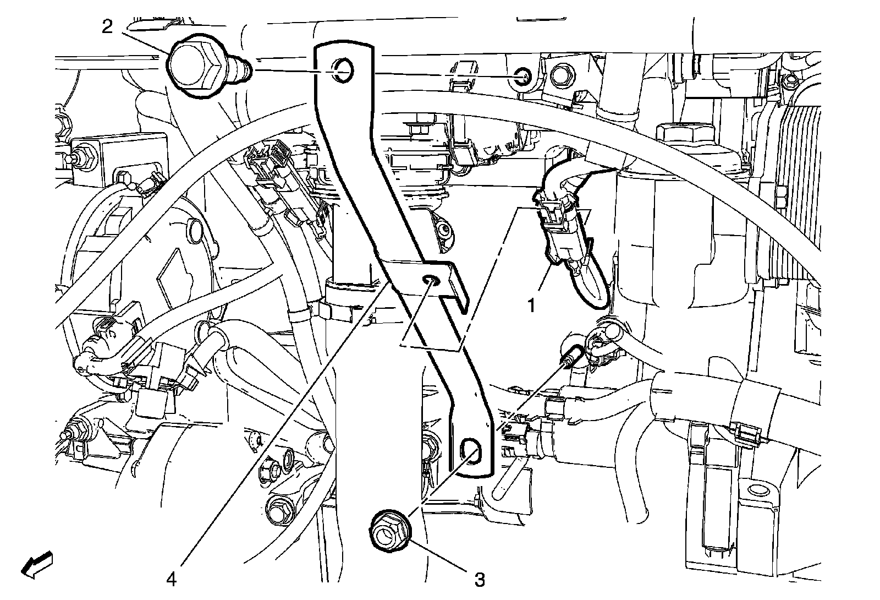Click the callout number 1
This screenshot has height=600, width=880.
point(532,304)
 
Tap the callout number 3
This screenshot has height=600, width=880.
point(480,579)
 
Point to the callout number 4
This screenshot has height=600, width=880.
point(172,579)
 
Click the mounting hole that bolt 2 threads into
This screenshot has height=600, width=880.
point(522,77)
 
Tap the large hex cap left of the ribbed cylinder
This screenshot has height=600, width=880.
point(685,133)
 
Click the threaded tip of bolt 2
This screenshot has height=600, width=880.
point(244,69)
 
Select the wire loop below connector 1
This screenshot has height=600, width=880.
point(591,286)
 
